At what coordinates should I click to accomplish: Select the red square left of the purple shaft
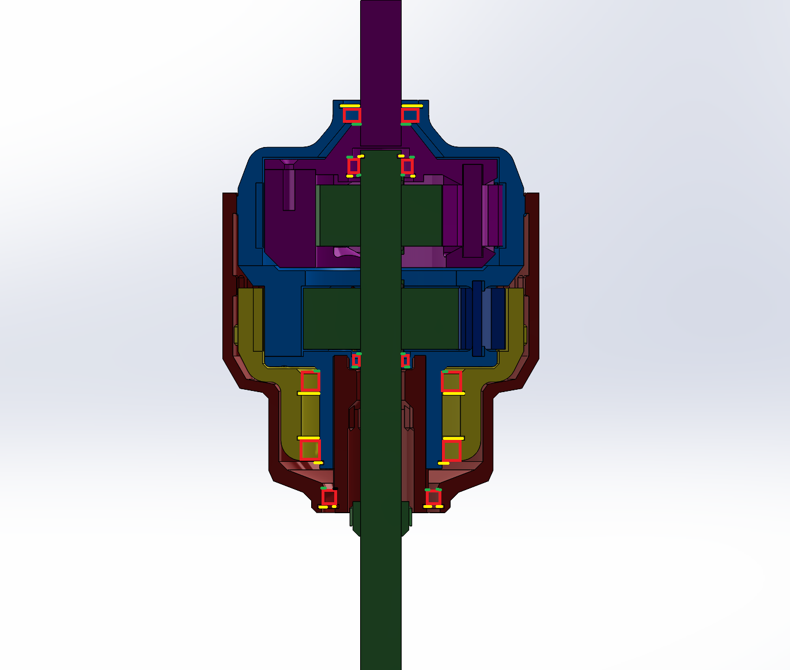pos(351,115)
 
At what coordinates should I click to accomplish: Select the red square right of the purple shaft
pos(410,115)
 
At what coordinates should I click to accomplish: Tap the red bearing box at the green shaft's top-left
pos(353,166)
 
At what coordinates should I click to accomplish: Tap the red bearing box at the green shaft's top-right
pos(407,166)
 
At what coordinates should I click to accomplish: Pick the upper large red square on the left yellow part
pos(310,381)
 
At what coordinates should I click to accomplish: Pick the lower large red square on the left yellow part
pos(310,450)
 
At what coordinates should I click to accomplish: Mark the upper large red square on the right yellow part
pos(452,381)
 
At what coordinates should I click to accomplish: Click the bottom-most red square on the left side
pos(329,497)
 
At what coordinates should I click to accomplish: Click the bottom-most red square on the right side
pos(433,497)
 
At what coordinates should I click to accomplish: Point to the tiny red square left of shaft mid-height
pos(356,360)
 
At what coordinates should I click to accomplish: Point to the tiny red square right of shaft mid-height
pos(406,360)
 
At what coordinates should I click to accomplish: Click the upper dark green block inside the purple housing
pos(340,214)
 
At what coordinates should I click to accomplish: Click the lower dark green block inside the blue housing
pos(331,318)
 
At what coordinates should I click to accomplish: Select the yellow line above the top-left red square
pos(350,106)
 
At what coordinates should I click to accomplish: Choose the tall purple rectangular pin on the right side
pos(472,210)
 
